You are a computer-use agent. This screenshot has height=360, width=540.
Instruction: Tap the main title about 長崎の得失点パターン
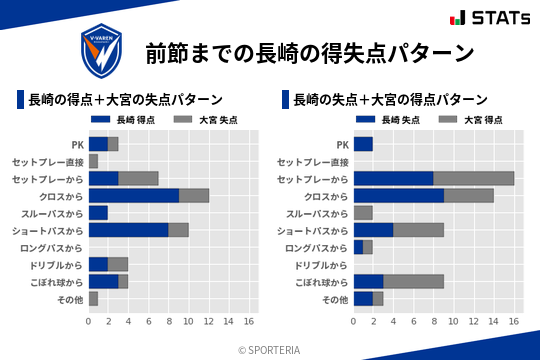pyautogui.click(x=308, y=51)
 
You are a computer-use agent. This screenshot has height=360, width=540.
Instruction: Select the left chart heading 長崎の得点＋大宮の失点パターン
pyautogui.click(x=125, y=100)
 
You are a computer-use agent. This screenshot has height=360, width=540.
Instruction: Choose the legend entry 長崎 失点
pyautogui.click(x=384, y=119)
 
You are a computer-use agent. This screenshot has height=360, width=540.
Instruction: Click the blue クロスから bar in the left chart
pyautogui.click(x=133, y=195)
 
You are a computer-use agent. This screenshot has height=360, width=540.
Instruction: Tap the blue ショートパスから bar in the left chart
pyautogui.click(x=128, y=230)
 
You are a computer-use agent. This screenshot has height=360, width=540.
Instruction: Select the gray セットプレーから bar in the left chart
pyautogui.click(x=138, y=178)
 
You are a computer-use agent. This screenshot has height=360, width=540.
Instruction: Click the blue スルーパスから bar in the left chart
pyautogui.click(x=98, y=213)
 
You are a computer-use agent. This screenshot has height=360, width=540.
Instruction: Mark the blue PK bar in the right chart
pyautogui.click(x=363, y=144)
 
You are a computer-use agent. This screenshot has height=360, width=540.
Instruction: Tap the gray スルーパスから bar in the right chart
pyautogui.click(x=363, y=213)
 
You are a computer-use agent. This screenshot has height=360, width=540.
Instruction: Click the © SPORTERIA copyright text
pyautogui.click(x=270, y=349)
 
